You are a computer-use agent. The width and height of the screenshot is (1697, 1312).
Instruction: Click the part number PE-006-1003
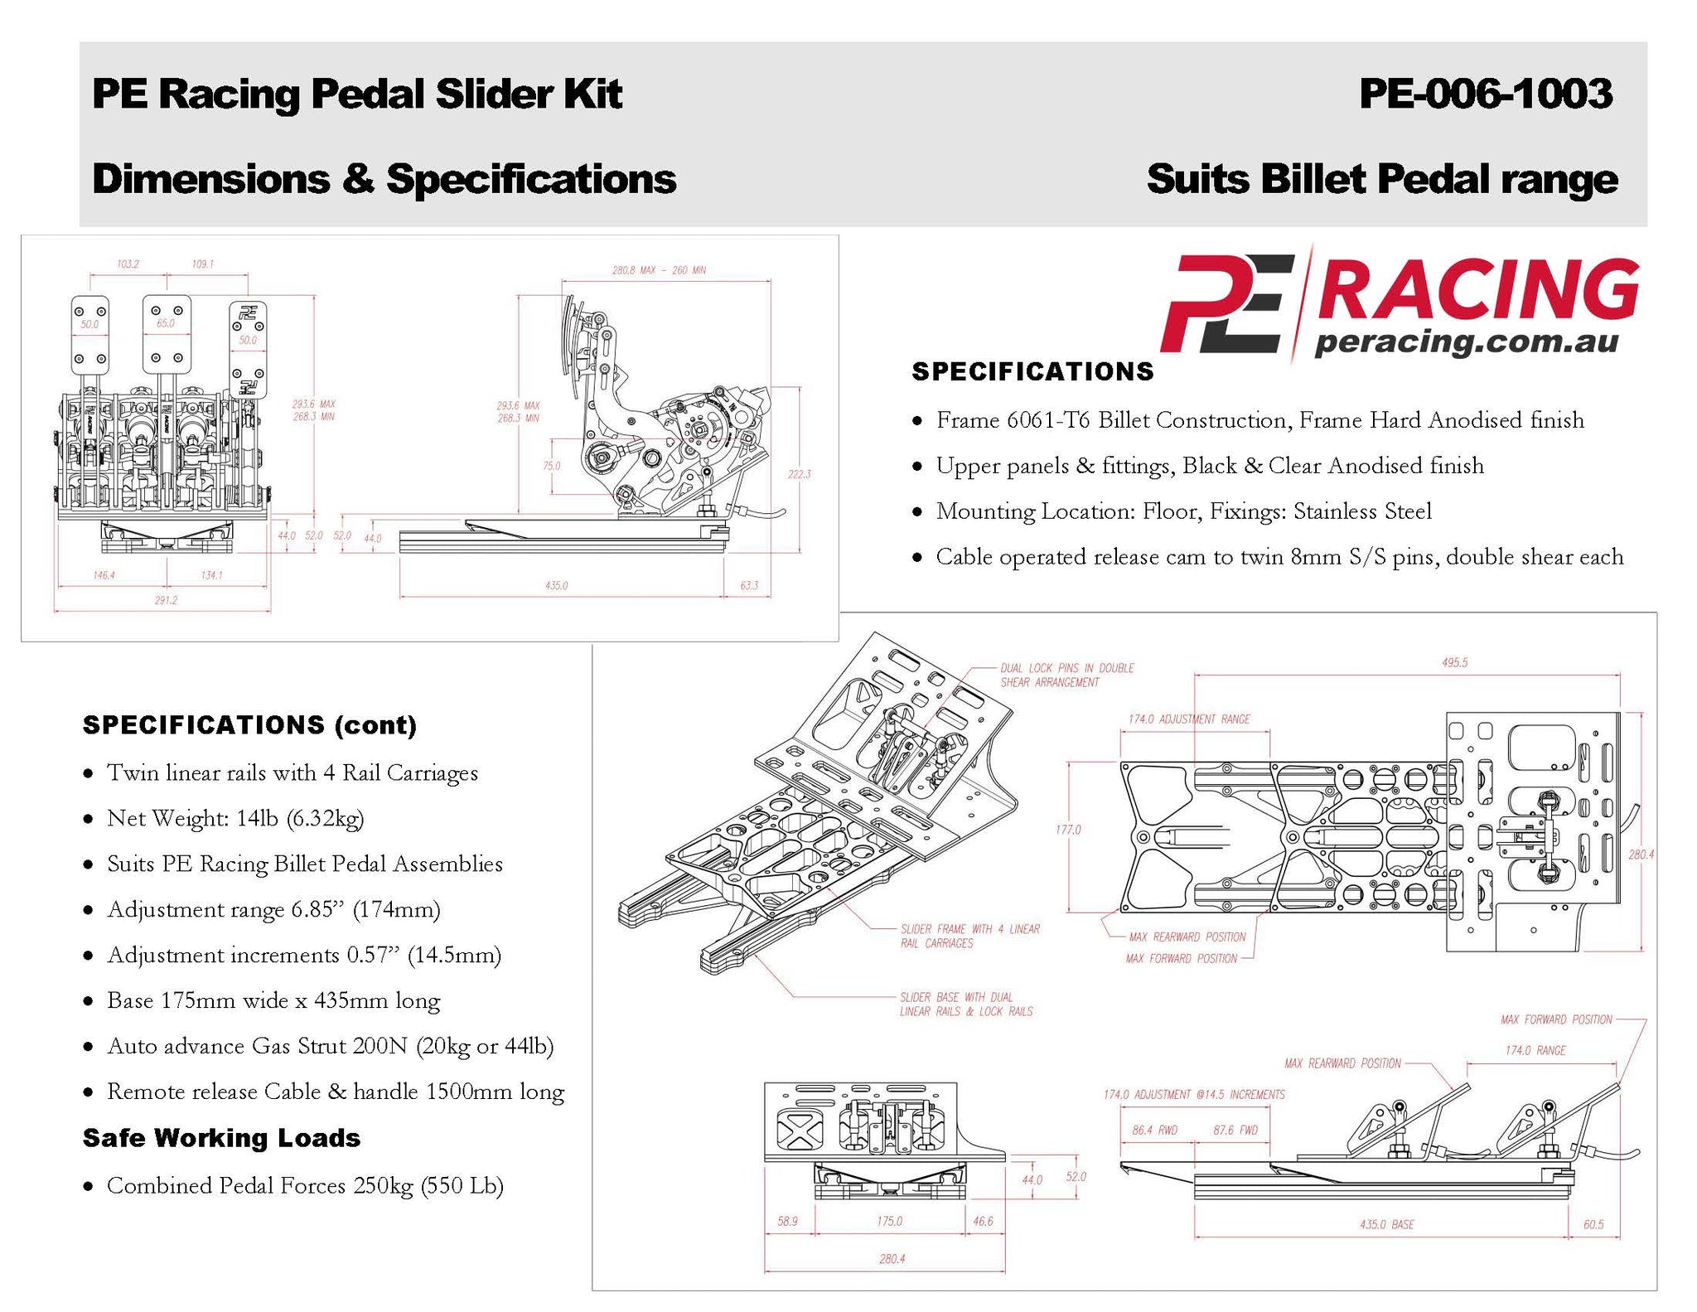click(x=1485, y=94)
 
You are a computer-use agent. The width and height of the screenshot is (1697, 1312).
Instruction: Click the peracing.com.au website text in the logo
click(x=1466, y=341)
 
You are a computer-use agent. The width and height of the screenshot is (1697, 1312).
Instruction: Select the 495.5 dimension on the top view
click(x=1454, y=662)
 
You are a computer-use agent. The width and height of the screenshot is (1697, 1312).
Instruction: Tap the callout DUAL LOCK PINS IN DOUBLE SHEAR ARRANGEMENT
click(x=1066, y=675)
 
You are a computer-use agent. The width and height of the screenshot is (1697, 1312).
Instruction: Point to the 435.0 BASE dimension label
click(x=1386, y=1224)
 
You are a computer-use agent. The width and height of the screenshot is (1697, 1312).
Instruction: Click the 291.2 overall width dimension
click(x=166, y=599)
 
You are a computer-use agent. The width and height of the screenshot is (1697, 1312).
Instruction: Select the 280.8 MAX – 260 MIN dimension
click(x=659, y=270)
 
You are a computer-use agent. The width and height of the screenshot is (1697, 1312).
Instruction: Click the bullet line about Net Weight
click(x=235, y=819)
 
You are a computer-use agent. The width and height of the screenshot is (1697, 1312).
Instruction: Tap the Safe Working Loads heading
click(x=221, y=1138)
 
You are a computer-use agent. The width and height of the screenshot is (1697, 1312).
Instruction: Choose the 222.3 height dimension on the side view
click(x=799, y=474)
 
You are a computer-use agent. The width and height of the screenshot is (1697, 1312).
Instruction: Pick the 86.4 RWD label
click(x=1154, y=1130)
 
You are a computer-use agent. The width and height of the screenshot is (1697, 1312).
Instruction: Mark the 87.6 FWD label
click(x=1235, y=1130)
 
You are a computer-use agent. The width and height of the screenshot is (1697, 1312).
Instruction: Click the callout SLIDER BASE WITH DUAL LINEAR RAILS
click(x=965, y=1004)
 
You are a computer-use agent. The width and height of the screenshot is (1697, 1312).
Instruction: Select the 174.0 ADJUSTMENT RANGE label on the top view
click(x=1188, y=719)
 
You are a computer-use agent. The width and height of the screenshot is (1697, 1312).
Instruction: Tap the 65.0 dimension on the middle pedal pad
click(x=166, y=323)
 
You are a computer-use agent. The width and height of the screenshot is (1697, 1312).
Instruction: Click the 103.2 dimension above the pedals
click(x=128, y=264)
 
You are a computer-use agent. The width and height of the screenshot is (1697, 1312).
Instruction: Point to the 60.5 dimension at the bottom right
click(x=1593, y=1224)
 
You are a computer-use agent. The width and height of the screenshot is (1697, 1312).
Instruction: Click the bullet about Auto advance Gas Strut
click(x=330, y=1046)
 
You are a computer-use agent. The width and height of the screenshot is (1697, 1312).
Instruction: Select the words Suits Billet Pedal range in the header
click(x=1381, y=179)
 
